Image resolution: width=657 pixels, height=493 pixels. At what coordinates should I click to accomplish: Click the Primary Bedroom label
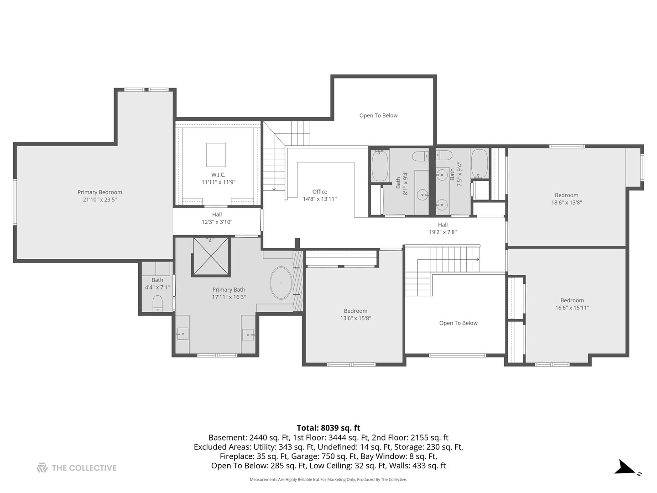99,192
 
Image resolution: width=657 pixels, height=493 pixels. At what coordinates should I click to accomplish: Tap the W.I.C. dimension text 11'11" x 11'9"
219,182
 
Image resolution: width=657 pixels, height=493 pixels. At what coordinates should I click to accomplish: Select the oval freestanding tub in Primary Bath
281,283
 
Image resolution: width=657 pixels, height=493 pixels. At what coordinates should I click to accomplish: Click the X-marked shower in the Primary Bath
211,256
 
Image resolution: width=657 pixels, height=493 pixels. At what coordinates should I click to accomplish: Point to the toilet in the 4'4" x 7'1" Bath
157,303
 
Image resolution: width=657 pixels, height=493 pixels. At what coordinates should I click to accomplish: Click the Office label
320,192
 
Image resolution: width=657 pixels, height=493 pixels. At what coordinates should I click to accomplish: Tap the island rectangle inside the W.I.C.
216,155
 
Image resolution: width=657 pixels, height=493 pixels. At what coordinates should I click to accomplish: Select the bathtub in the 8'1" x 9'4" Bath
380,166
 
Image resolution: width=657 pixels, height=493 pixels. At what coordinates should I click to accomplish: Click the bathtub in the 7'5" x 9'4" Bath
480,163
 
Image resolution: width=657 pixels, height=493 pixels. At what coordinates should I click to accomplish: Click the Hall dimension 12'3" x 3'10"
217,222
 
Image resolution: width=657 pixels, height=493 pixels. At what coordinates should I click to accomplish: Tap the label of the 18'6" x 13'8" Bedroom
567,195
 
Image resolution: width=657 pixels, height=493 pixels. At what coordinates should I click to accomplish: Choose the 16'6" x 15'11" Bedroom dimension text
572,307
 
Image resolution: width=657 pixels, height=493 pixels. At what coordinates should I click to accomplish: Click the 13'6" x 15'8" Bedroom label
355,311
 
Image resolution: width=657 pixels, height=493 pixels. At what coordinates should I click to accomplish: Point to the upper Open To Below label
378,115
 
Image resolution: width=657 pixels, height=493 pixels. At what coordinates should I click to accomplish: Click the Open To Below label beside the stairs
458,323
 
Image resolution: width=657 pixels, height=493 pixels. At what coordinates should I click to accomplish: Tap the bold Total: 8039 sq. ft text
328,428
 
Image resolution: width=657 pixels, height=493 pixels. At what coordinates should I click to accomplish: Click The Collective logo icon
42,468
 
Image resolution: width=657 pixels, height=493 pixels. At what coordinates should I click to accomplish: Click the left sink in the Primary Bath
182,333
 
